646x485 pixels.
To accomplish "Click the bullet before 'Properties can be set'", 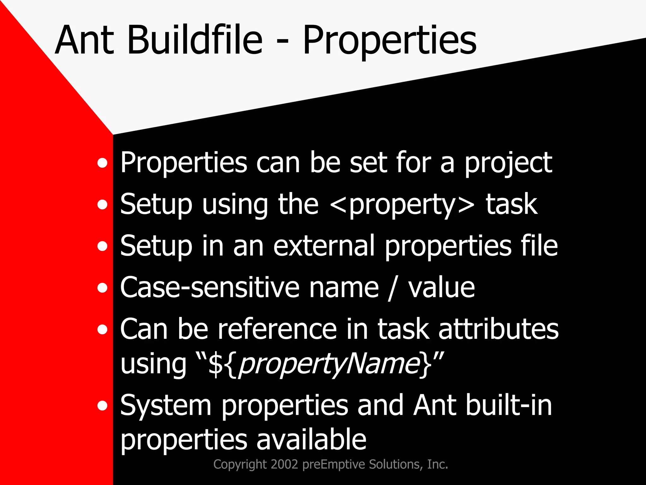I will [102, 164].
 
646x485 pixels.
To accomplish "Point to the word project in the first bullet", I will [508, 164].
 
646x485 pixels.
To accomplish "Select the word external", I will [324, 246].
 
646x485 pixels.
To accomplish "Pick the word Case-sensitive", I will [209, 288].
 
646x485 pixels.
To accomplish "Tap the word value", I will [441, 288].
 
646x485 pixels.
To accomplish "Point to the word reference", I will [277, 329].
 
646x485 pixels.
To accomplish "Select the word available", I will [311, 440].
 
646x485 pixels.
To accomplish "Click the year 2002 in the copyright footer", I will [284, 464].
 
